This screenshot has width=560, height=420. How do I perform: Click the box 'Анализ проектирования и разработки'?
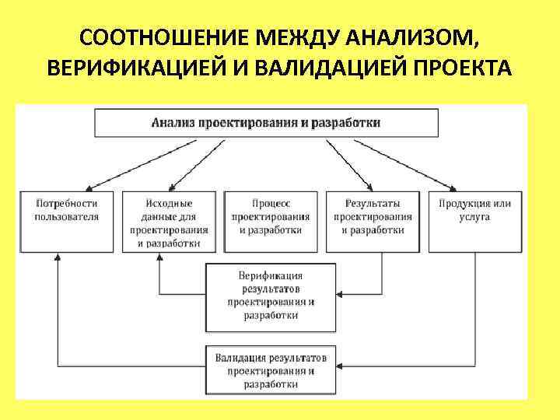(x=266, y=123)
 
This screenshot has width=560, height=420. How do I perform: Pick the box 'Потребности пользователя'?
(x=67, y=221)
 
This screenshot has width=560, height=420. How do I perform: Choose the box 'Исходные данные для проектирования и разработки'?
(x=169, y=221)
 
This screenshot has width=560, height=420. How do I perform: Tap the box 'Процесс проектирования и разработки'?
(x=271, y=221)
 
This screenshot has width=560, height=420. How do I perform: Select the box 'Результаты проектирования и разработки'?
(x=373, y=221)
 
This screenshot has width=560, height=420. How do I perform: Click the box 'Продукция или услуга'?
(x=474, y=221)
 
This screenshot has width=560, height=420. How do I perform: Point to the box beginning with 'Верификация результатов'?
(x=271, y=296)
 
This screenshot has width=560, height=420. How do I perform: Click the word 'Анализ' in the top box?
(x=173, y=123)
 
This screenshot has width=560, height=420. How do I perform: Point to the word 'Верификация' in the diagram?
(x=271, y=275)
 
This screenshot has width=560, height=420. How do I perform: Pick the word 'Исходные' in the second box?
(x=169, y=204)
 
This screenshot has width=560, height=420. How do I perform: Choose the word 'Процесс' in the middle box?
(x=271, y=204)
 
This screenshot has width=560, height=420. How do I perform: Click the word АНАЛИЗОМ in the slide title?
(x=421, y=38)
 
